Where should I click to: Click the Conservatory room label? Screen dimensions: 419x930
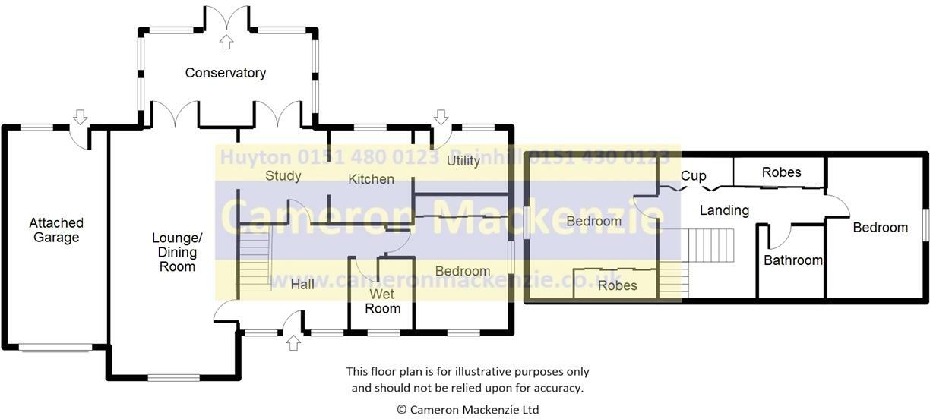[x=226, y=73]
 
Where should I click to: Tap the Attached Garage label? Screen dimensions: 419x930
[x=56, y=230]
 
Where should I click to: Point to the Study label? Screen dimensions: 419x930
[x=283, y=176]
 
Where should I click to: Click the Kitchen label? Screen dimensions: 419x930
[x=371, y=179]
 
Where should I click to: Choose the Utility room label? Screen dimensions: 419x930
[x=463, y=161]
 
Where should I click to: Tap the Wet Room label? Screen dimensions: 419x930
[x=382, y=301]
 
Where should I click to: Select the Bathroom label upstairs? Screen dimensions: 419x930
[x=792, y=260]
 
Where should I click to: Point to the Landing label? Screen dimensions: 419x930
[x=724, y=210]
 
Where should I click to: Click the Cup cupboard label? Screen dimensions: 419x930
[x=693, y=176]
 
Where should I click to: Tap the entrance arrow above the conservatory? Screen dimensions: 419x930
[x=226, y=42]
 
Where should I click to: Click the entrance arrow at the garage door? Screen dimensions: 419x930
[x=80, y=116]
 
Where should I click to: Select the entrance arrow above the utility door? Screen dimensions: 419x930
[x=440, y=116]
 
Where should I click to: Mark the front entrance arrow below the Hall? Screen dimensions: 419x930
[x=293, y=343]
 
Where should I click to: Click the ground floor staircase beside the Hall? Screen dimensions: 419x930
[x=255, y=260]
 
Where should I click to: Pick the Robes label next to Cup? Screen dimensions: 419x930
[x=781, y=172]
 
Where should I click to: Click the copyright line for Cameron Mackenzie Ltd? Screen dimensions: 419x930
[x=467, y=409]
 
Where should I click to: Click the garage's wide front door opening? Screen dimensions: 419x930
[x=55, y=348]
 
